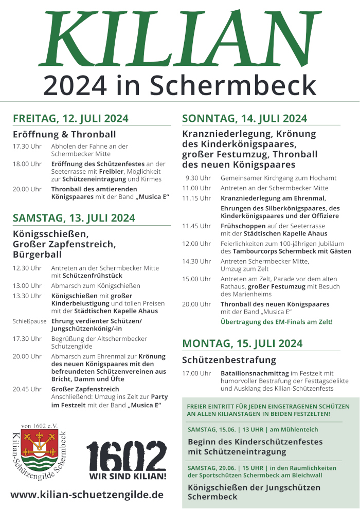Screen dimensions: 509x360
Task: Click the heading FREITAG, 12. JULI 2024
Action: [70, 119]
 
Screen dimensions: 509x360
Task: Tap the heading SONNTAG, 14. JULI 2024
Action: [244, 119]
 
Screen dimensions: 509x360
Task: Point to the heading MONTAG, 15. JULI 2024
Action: [242, 343]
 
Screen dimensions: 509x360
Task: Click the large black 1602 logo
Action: [127, 454]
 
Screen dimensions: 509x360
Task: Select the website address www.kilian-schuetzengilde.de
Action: [87, 495]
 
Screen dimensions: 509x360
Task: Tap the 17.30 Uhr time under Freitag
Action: [27, 147]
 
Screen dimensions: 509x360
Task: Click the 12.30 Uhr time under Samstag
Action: [27, 268]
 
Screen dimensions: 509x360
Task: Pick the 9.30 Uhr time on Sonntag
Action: [198, 178]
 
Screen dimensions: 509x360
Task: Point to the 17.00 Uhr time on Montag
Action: [196, 373]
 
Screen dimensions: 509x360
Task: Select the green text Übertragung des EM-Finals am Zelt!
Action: [277, 322]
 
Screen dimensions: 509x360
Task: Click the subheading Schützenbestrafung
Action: [229, 359]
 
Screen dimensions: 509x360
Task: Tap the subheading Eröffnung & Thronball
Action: [64, 135]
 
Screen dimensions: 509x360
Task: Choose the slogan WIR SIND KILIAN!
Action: [128, 476]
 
